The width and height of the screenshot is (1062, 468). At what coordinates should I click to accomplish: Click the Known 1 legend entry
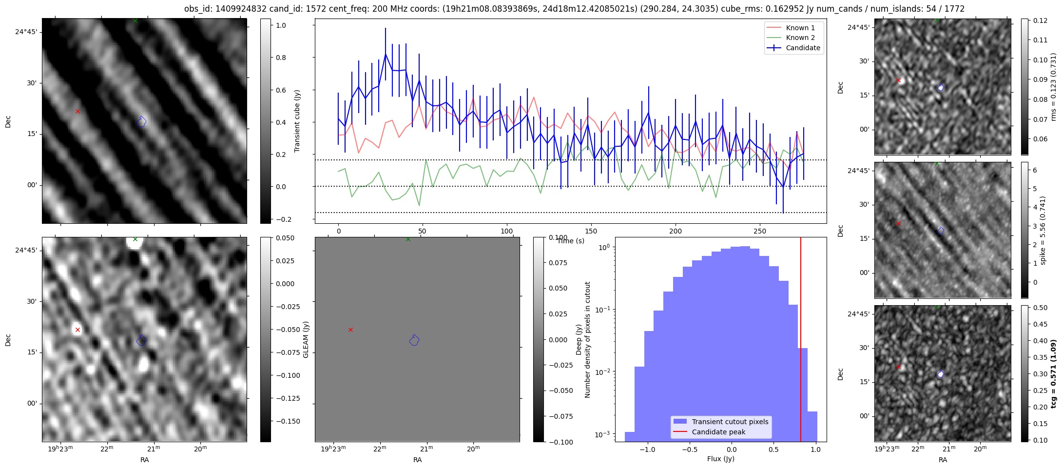point(800,28)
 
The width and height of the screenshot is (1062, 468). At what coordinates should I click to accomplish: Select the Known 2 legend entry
point(800,38)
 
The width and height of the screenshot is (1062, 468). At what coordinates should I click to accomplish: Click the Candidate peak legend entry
point(718,432)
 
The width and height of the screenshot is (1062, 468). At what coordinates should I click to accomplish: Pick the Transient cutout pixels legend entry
point(730,422)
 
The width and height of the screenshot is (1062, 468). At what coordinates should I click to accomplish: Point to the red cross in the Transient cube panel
point(77,112)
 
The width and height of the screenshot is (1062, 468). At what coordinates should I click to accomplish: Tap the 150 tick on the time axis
point(591,231)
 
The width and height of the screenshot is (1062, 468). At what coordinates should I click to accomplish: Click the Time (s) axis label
point(571,241)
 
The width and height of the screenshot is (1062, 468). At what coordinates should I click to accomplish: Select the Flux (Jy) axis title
point(720,459)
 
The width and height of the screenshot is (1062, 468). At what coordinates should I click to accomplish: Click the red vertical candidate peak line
point(801,341)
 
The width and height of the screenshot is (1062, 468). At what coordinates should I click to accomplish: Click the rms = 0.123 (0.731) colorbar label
point(1053,87)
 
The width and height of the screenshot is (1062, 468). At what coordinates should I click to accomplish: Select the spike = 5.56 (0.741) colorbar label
point(1043,230)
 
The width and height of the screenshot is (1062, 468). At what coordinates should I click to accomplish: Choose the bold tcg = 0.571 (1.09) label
point(1053,374)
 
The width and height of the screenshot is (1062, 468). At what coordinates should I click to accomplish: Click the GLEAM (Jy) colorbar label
point(306,339)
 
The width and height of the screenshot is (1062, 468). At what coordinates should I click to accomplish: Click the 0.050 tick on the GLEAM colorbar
point(285,238)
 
